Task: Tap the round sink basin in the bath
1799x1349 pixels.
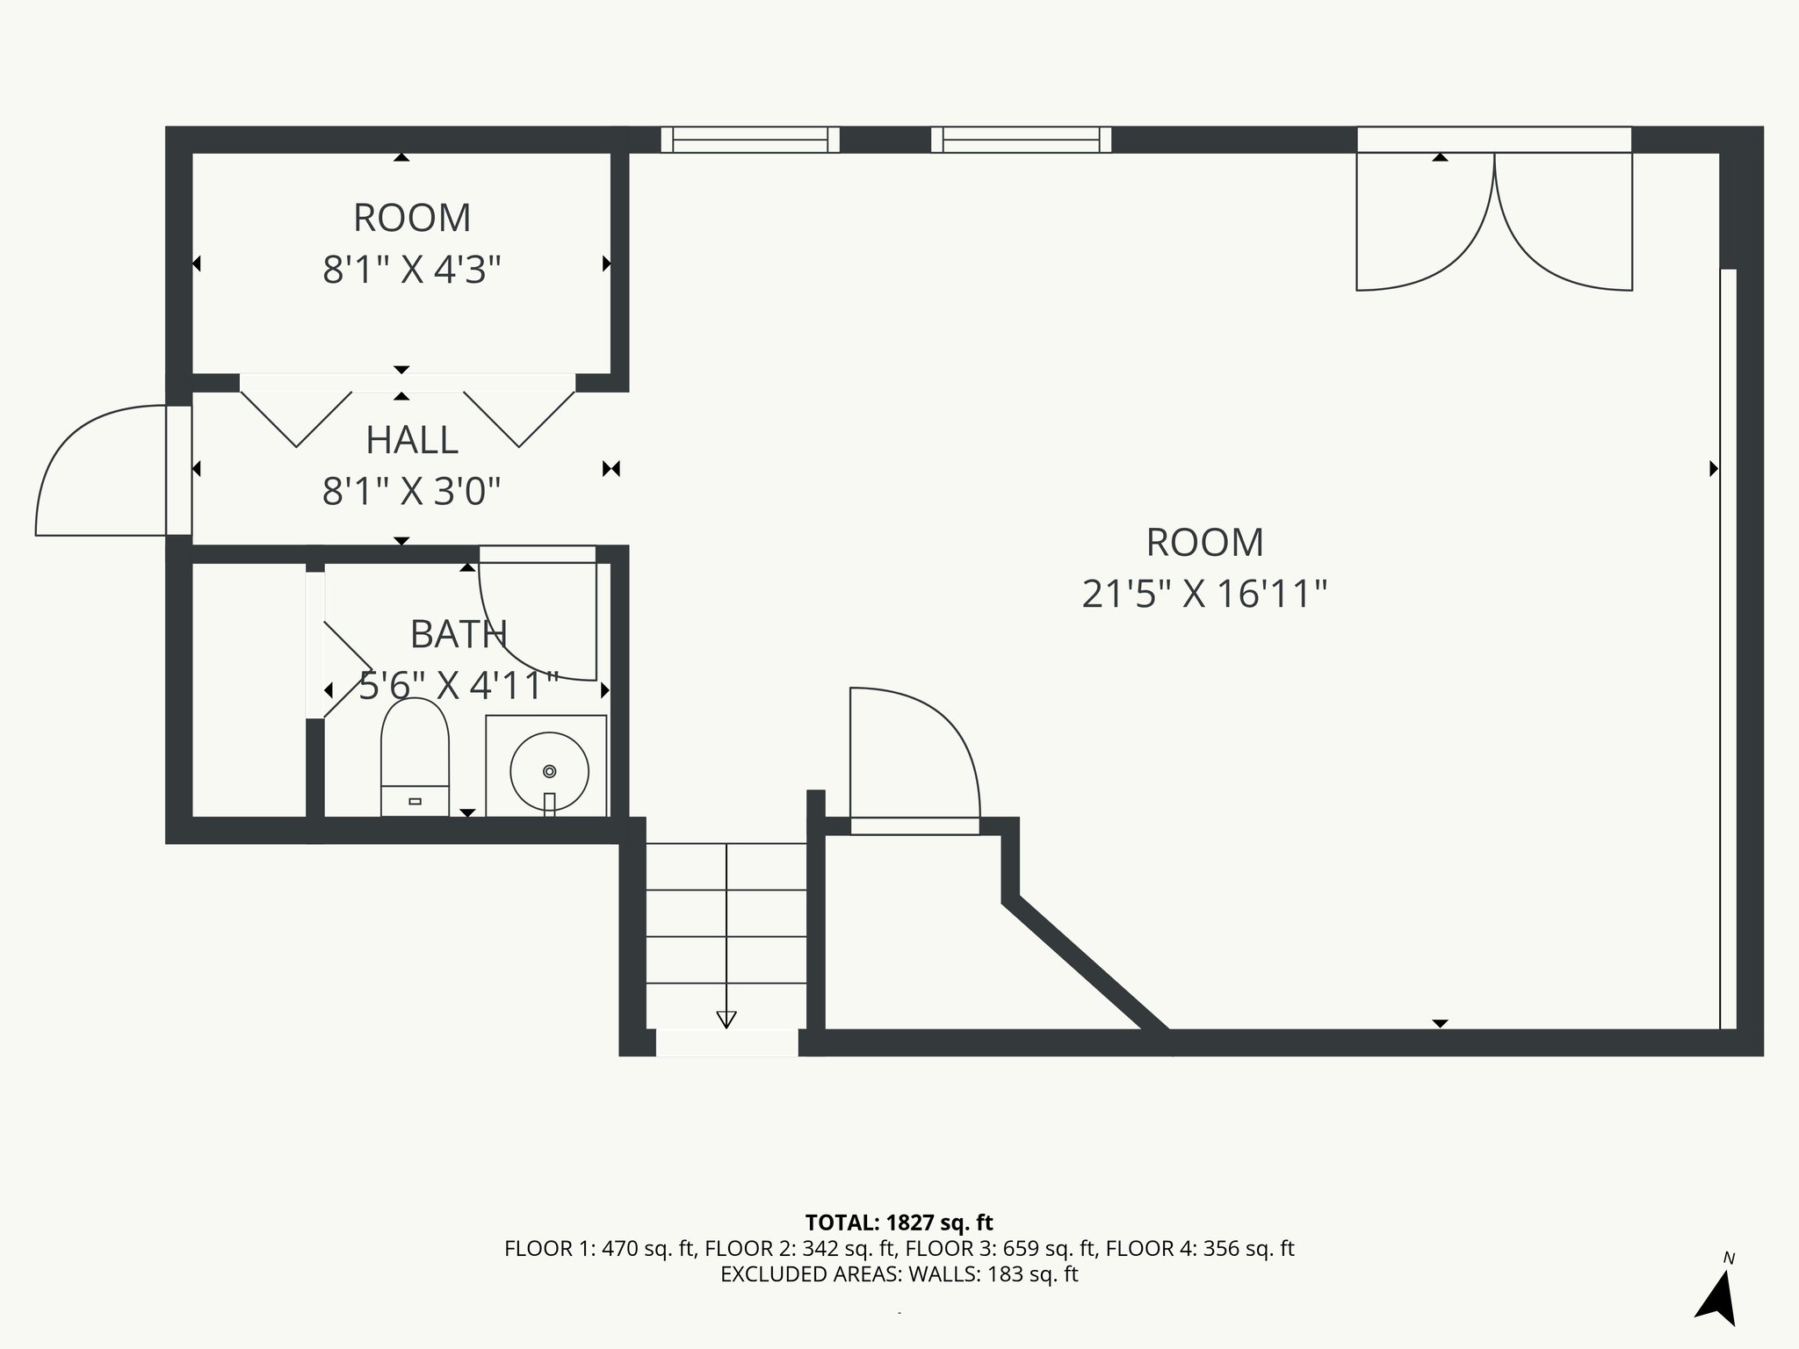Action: tap(549, 771)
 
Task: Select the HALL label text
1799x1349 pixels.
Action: tap(412, 440)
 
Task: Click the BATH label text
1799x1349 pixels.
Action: tap(459, 634)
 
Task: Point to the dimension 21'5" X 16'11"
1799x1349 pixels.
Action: tap(1203, 595)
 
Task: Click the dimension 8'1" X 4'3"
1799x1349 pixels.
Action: tap(412, 270)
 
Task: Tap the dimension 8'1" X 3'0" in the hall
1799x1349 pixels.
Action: tap(412, 492)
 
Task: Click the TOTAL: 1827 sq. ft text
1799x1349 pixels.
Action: tap(899, 1223)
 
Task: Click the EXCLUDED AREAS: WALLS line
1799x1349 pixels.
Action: tap(899, 1274)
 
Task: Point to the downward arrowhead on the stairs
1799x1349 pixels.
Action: tap(726, 1019)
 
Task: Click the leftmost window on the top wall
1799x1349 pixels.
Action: tap(750, 140)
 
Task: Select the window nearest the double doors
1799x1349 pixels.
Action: tap(1021, 140)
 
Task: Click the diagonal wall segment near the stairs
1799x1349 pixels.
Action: tap(1085, 963)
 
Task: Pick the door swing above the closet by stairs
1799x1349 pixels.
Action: tap(914, 755)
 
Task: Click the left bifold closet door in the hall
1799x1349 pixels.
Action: tap(296, 417)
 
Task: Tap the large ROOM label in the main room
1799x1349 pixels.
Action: tap(1204, 543)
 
